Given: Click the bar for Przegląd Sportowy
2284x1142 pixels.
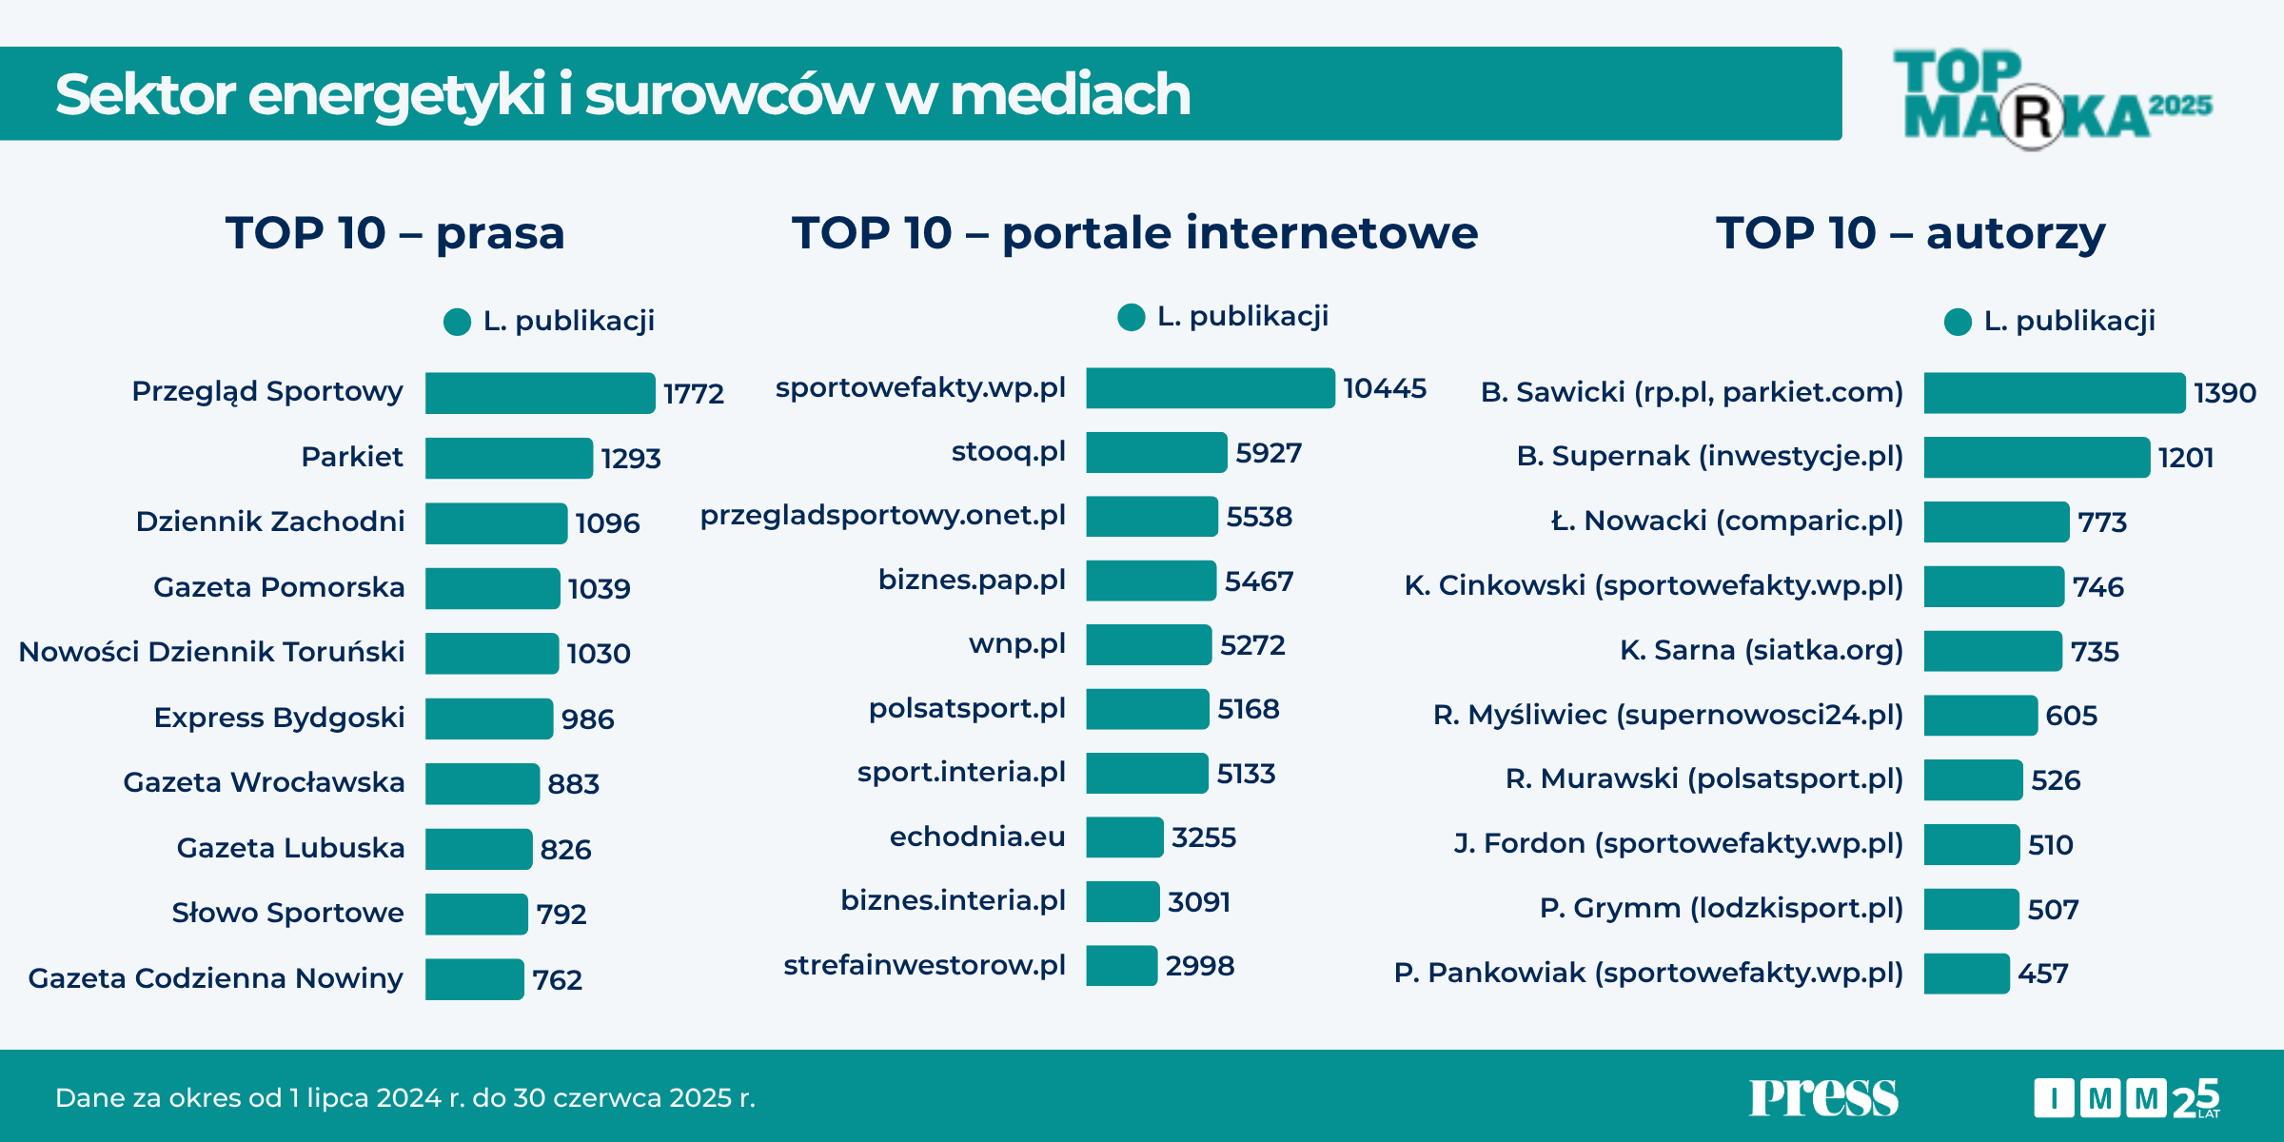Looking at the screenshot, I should pos(540,393).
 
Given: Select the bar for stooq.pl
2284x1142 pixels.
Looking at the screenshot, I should pos(1155,453).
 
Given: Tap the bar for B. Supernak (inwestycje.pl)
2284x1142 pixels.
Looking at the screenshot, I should pos(2036,458).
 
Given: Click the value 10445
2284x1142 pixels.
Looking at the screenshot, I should pos(1385,388).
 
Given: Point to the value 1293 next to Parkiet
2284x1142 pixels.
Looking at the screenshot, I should pos(631,459).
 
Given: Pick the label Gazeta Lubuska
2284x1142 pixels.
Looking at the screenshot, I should pos(290,848).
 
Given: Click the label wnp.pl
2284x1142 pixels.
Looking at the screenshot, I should pos(1016,644).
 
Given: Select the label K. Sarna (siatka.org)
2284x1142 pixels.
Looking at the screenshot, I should pos(1761,651).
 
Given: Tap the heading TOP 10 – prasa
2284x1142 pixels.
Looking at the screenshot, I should pos(395,233).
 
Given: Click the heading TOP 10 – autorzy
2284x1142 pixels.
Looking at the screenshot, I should pos(1910,233).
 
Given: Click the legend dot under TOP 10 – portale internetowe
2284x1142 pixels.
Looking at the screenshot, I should pos(1131,318).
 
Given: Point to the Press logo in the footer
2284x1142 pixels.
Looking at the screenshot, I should pos(1822,1097).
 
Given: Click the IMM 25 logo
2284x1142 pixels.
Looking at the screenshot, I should pos(2126,1098).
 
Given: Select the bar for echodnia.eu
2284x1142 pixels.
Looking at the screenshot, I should pos(1124,837).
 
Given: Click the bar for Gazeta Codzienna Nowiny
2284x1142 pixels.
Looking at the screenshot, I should pos(474,979).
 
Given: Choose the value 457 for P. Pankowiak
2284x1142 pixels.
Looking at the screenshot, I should pos(2042,974).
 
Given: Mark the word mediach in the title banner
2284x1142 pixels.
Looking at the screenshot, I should pos(1070,94).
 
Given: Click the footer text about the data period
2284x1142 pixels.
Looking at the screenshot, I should pos(404,1098).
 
